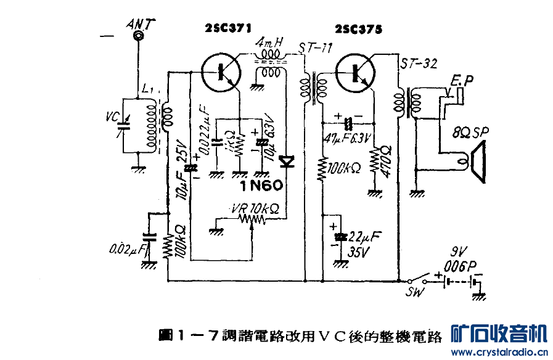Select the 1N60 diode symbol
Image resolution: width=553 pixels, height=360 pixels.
click(287, 162)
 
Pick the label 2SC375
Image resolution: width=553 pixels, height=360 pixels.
click(359, 29)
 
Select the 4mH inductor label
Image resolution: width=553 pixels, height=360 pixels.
click(269, 43)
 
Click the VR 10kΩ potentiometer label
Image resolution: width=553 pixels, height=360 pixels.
click(254, 208)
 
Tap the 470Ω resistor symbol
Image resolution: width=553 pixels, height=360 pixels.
click(374, 162)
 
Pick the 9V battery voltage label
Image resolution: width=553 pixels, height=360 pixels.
click(457, 252)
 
